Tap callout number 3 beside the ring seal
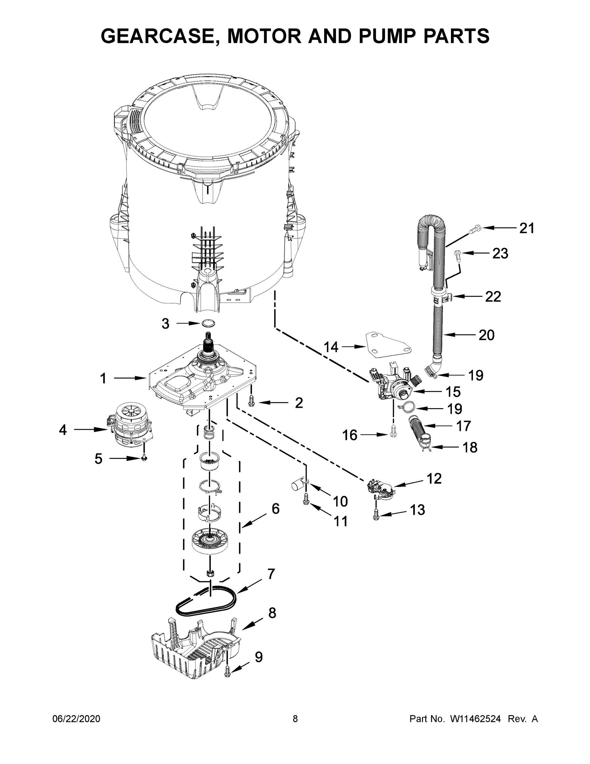165,324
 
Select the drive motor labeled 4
129,427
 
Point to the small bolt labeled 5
144,458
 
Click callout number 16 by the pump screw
350,435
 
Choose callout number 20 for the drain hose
486,335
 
